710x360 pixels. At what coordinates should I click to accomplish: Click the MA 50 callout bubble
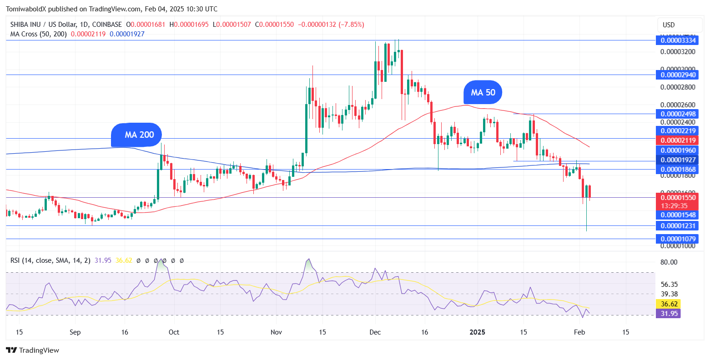[x=483, y=93]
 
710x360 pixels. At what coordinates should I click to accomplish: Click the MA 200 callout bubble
[x=136, y=135]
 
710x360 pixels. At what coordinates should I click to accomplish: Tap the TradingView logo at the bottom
[x=33, y=350]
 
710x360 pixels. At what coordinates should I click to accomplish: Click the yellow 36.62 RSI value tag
[x=668, y=304]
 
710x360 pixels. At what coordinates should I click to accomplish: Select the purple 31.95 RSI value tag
[x=668, y=313]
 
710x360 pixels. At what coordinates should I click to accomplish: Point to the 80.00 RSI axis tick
[x=669, y=262]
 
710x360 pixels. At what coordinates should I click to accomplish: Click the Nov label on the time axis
[x=276, y=332]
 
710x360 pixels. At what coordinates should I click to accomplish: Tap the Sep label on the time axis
[x=75, y=332]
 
